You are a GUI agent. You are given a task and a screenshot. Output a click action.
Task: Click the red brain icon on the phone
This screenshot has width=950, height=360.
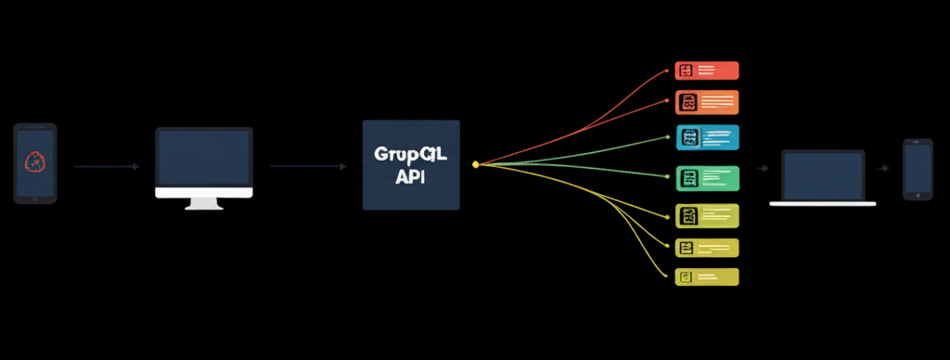pyautogui.click(x=34, y=162)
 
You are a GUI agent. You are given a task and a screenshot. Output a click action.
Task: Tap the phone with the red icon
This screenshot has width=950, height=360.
pyautogui.click(x=34, y=163)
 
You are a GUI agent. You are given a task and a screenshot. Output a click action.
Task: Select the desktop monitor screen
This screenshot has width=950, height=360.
pyautogui.click(x=203, y=158)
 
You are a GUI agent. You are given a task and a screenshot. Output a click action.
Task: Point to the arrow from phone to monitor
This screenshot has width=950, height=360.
pyautogui.click(x=106, y=166)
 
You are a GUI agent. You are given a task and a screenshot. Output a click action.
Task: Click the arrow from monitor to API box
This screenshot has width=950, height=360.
pyautogui.click(x=307, y=166)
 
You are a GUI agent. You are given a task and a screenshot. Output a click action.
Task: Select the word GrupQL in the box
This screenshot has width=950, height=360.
pyautogui.click(x=410, y=153)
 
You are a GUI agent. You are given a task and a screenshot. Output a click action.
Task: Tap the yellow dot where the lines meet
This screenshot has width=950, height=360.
pyautogui.click(x=475, y=164)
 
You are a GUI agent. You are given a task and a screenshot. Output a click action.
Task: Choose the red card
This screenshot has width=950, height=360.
pyautogui.click(x=706, y=70)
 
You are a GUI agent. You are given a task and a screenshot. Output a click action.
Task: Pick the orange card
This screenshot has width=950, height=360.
pyautogui.click(x=706, y=101)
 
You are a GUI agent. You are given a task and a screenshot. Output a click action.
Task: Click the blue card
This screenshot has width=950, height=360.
pyautogui.click(x=707, y=137)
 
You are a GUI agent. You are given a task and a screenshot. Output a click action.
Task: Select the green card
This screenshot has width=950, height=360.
pyautogui.click(x=707, y=177)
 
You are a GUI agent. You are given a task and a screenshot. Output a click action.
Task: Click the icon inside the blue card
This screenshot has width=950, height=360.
pyautogui.click(x=689, y=137)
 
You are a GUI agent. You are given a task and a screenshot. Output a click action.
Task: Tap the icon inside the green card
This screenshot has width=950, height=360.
pyautogui.click(x=689, y=177)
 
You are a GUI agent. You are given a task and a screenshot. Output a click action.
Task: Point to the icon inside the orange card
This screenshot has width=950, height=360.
pyautogui.click(x=687, y=101)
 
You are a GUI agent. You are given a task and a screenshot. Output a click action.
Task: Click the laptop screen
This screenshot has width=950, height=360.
pyautogui.click(x=823, y=174)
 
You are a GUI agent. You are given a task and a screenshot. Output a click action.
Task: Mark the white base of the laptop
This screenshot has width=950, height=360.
pyautogui.click(x=823, y=202)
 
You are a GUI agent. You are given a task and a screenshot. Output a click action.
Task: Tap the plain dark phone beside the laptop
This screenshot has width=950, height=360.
pyautogui.click(x=918, y=169)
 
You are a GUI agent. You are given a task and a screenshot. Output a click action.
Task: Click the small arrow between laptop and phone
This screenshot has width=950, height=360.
pyautogui.click(x=887, y=169)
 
